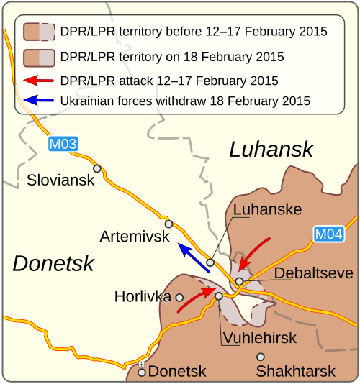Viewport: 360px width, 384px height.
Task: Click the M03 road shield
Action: point(63,144)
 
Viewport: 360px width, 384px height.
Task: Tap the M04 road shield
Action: point(328,234)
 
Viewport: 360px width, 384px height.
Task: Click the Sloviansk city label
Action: point(60,180)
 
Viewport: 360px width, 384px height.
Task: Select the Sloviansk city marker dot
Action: point(96,168)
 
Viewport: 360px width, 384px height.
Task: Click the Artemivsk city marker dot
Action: point(169,223)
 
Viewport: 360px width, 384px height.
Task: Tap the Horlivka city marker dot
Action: point(179,297)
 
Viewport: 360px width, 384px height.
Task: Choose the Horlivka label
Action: point(143,296)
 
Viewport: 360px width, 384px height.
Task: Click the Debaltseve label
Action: point(313,273)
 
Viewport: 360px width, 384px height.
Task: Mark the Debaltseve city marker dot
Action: point(239,281)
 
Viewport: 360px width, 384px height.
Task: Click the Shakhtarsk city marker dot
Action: point(261,357)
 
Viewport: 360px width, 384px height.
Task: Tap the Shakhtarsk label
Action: point(295,372)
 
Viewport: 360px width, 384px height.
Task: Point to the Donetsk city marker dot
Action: point(142,372)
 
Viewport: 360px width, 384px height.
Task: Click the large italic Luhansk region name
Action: point(271,149)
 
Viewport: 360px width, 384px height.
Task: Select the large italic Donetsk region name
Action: point(53,263)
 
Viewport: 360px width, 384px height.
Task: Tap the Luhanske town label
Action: point(267,209)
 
